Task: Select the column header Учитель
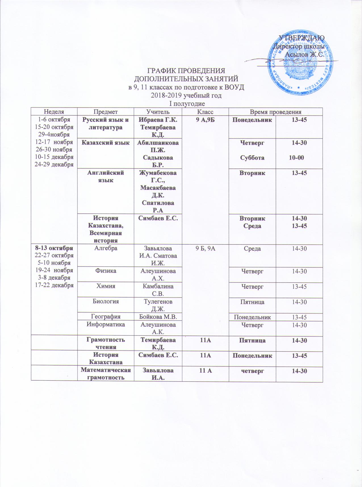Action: click(158, 112)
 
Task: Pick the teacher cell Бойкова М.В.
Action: click(158, 317)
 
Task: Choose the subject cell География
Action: click(106, 317)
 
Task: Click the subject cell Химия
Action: click(106, 286)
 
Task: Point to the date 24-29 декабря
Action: click(54, 164)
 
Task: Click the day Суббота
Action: click(252, 158)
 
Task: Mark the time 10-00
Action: click(296, 158)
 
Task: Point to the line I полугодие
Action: click(185, 103)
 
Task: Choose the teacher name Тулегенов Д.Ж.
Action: click(158, 305)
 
